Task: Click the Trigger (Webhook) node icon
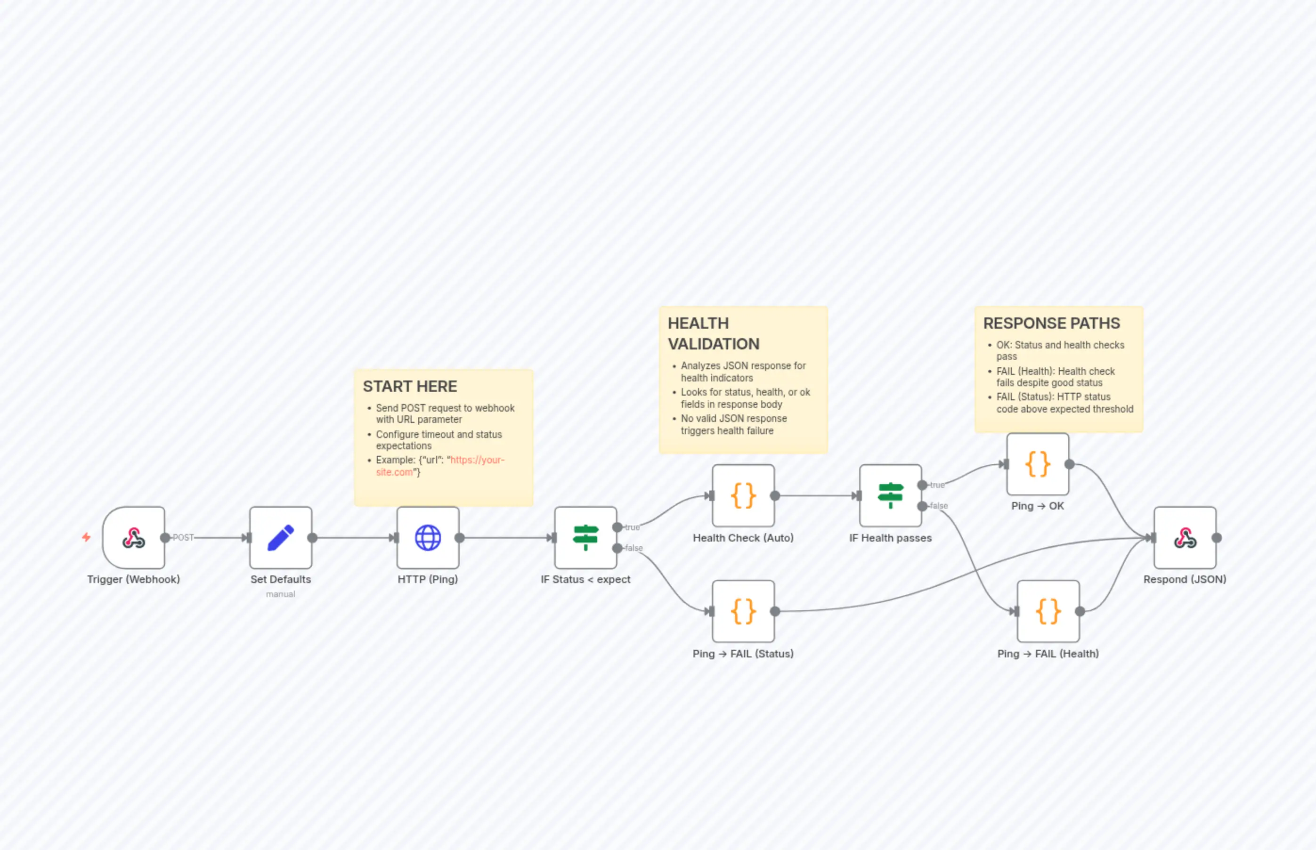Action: click(x=134, y=538)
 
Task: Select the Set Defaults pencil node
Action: click(x=280, y=538)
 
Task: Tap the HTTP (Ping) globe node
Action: click(x=428, y=538)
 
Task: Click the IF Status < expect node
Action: click(x=585, y=538)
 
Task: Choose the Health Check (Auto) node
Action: click(x=743, y=496)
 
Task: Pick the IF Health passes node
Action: click(x=890, y=496)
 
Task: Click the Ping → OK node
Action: click(x=1038, y=464)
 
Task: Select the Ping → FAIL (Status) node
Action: click(x=743, y=611)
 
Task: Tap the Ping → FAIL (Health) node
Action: click(x=1048, y=611)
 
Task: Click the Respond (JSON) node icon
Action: click(x=1185, y=538)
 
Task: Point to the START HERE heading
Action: click(x=410, y=386)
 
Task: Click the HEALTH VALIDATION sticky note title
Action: click(x=713, y=333)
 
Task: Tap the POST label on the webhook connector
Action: click(x=183, y=538)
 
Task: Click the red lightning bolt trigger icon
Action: click(x=86, y=537)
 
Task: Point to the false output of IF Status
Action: click(x=617, y=548)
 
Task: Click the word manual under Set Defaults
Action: click(x=280, y=594)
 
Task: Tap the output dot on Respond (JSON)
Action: click(x=1217, y=538)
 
